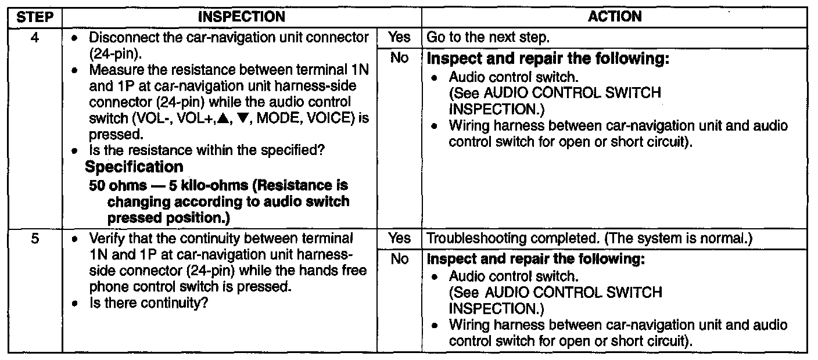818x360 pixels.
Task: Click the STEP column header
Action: tap(35, 17)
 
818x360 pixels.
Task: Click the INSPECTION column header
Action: tap(242, 17)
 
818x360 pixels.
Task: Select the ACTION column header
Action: tap(615, 17)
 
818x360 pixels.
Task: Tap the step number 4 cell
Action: tap(34, 37)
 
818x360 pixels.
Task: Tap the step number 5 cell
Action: tap(34, 238)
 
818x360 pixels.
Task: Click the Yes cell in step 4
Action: tap(399, 37)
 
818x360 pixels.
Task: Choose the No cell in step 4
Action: tap(399, 58)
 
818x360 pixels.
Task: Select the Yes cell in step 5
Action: tap(399, 238)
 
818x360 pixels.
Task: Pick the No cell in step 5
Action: tap(399, 259)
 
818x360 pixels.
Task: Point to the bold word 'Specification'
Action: tap(134, 167)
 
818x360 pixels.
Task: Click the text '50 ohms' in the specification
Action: tap(116, 186)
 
